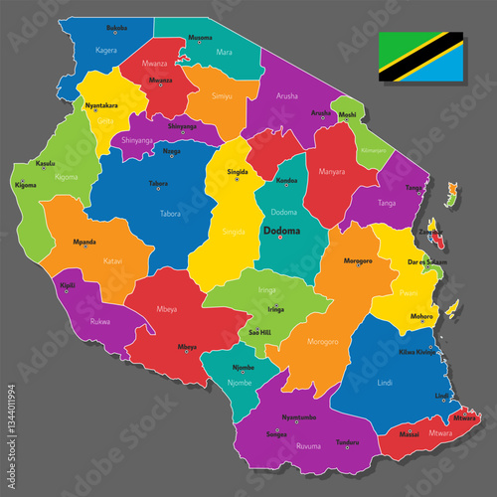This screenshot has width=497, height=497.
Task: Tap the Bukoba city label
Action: click(x=116, y=27)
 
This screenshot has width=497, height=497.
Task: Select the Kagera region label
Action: click(x=106, y=49)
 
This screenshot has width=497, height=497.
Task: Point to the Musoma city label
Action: click(x=200, y=38)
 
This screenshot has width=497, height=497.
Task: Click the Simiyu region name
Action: click(x=222, y=96)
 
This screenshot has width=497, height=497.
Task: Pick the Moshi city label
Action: click(x=347, y=114)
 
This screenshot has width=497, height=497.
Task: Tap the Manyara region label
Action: click(x=332, y=171)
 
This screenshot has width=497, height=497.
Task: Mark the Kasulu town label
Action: click(x=45, y=163)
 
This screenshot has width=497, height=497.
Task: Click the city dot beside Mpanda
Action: click(x=85, y=247)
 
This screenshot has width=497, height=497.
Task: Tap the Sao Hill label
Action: click(x=260, y=331)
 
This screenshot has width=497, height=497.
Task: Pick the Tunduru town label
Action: click(x=346, y=442)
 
